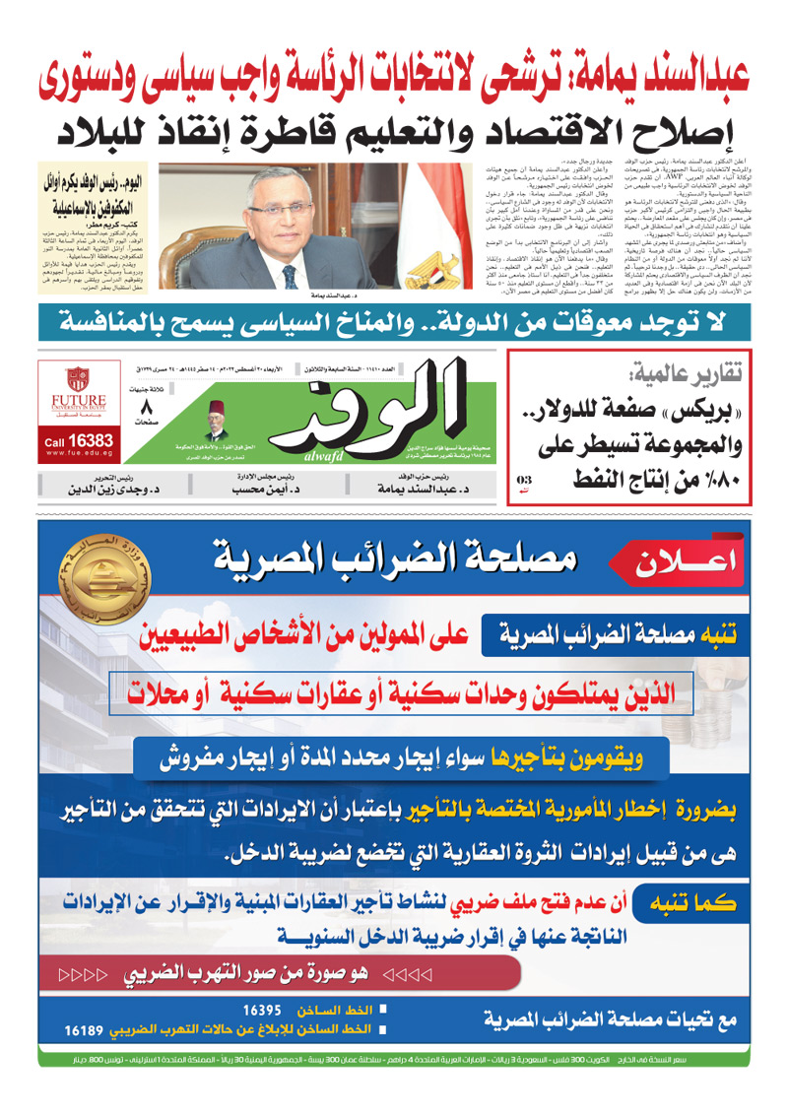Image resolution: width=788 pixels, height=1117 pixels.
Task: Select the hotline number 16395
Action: point(263,1010)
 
